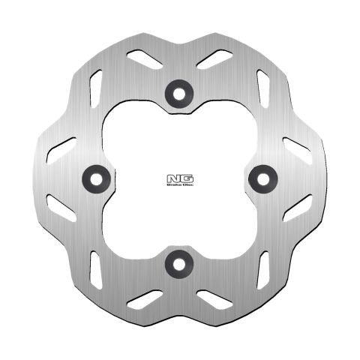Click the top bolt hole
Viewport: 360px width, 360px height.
(179, 91)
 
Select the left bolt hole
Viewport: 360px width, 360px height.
(94, 177)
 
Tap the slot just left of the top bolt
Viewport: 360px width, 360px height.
(144, 58)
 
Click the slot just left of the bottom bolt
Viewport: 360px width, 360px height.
(144, 298)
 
